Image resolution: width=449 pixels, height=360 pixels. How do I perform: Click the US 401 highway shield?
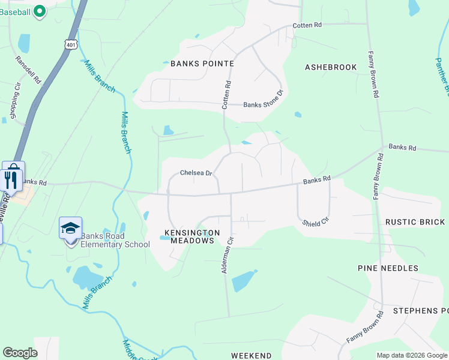[x=71, y=44]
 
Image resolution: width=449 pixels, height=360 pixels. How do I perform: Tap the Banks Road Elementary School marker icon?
[x=70, y=229]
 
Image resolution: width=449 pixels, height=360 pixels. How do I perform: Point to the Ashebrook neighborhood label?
[x=331, y=67]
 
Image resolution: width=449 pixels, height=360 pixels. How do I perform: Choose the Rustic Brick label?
[x=415, y=222]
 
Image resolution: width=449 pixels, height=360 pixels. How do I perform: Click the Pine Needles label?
[x=387, y=268]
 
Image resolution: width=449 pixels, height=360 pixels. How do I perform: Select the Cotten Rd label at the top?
[x=307, y=25]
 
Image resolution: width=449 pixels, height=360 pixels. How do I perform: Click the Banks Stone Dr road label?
[x=263, y=105]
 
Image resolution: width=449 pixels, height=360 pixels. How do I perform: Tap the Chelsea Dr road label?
[x=196, y=173]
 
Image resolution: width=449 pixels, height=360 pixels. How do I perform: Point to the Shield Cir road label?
[x=316, y=222]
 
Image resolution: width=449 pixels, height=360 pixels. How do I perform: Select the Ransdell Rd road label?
[x=28, y=70]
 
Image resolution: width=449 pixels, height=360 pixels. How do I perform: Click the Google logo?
[x=20, y=353]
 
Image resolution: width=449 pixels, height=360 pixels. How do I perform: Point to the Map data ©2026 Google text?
[x=411, y=355]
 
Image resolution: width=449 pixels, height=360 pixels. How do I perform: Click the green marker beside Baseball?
[x=40, y=11]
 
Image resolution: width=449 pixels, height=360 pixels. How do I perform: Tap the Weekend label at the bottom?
[x=252, y=356]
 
